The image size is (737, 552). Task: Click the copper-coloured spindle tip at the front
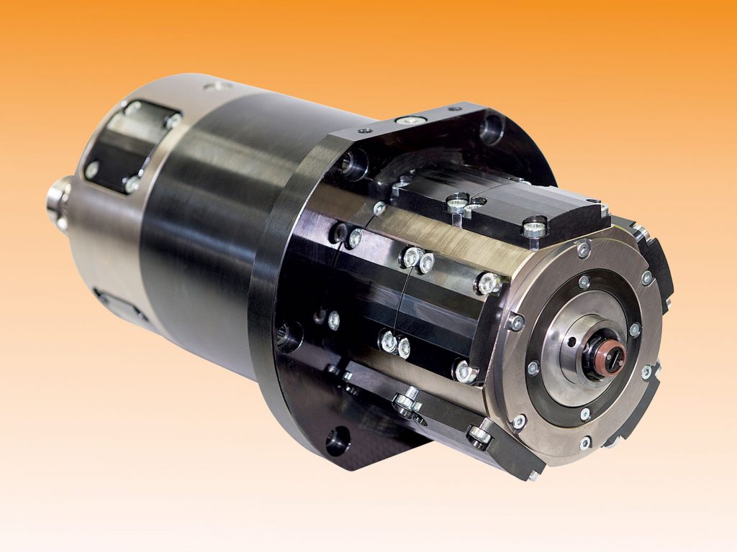[613, 356]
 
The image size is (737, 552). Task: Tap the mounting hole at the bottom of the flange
[338, 440]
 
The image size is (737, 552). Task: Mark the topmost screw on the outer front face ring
[583, 249]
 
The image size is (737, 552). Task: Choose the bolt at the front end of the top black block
[533, 229]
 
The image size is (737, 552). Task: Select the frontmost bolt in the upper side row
[488, 283]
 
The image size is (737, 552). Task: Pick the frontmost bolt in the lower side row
[464, 372]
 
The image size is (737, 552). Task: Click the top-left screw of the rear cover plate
[133, 109]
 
